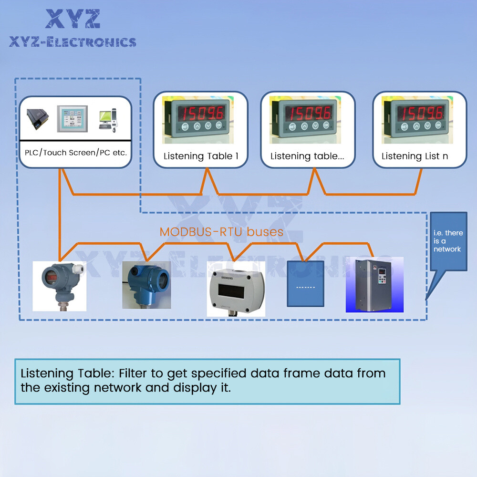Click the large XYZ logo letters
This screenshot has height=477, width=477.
[73, 19]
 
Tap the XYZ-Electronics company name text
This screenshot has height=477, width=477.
[73, 42]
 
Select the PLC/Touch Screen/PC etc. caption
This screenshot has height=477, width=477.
[76, 153]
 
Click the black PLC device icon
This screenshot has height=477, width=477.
[37, 119]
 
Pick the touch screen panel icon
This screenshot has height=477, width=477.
[73, 119]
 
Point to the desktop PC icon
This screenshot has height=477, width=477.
[108, 120]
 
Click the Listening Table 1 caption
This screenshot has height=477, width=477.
[201, 156]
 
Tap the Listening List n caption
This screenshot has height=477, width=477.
[415, 156]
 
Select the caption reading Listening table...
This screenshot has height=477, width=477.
[307, 156]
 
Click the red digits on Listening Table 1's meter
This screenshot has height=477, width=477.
[201, 113]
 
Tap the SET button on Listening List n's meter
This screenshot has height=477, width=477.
[404, 126]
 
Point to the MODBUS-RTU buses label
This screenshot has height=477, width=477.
[221, 232]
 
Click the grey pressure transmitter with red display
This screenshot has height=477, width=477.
[60, 286]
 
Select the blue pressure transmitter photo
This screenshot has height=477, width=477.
[146, 285]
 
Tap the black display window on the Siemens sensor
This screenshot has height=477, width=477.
[231, 291]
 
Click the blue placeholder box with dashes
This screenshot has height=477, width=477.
[305, 283]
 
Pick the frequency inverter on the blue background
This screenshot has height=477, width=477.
[374, 285]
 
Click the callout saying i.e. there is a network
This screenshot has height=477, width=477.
[448, 241]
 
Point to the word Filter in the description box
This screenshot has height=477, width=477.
[137, 373]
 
